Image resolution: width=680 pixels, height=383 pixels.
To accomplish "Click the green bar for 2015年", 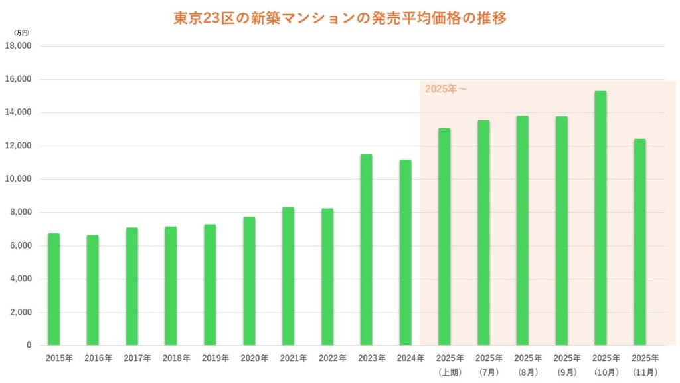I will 54,289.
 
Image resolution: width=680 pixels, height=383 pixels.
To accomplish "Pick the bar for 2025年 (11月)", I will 639,242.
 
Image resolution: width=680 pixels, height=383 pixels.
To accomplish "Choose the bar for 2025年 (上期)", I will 444,237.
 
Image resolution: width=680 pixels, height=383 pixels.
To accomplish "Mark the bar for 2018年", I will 171,286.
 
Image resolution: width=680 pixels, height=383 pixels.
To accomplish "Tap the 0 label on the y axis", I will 29,345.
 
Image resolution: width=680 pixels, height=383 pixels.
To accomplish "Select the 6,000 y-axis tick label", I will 21,245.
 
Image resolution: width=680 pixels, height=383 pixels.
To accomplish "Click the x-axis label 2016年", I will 98,358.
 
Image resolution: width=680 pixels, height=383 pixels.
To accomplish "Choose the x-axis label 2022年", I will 333,358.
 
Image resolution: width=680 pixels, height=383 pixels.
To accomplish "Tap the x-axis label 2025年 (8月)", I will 528,364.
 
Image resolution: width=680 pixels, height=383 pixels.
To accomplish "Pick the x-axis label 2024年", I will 411,358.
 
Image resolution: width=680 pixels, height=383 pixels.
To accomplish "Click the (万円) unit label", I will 21,32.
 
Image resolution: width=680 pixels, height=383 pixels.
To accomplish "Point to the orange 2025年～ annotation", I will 446,89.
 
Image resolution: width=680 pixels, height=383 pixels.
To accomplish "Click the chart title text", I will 340,19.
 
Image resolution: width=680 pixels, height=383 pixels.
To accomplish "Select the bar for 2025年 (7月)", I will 483,233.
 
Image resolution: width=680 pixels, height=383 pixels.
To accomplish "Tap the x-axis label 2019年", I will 216,358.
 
